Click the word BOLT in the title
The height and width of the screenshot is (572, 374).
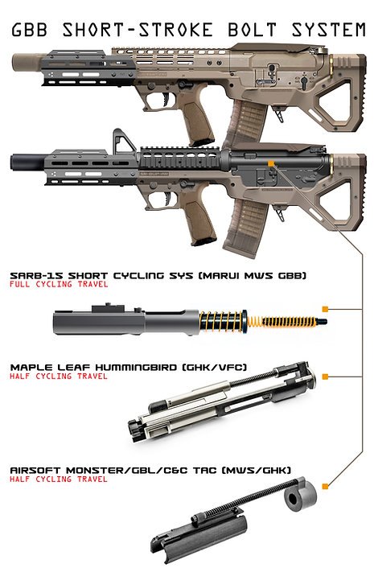[x=252, y=30]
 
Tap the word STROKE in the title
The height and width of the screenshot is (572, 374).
[x=175, y=30]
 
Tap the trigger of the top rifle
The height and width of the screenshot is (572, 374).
[x=166, y=99]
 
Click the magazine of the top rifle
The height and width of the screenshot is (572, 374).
[x=248, y=122]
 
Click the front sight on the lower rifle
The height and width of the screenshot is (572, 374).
[x=122, y=140]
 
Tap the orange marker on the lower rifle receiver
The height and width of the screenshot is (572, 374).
[x=271, y=163]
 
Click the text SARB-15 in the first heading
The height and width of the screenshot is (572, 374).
[x=35, y=275]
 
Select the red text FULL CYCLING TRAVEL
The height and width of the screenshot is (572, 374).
[x=59, y=284]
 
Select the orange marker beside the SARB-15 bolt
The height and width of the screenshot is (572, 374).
[x=325, y=310]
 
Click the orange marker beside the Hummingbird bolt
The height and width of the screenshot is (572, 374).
[x=325, y=377]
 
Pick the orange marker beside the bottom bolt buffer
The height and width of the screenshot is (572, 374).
[x=325, y=486]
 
